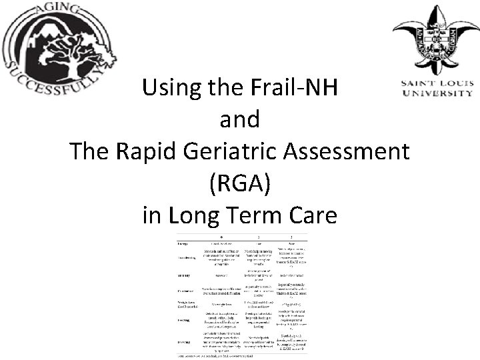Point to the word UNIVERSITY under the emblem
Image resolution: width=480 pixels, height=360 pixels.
click(436, 94)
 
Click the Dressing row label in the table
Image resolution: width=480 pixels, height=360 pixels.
click(186, 341)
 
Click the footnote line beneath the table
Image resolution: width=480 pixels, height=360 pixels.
click(220, 355)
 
